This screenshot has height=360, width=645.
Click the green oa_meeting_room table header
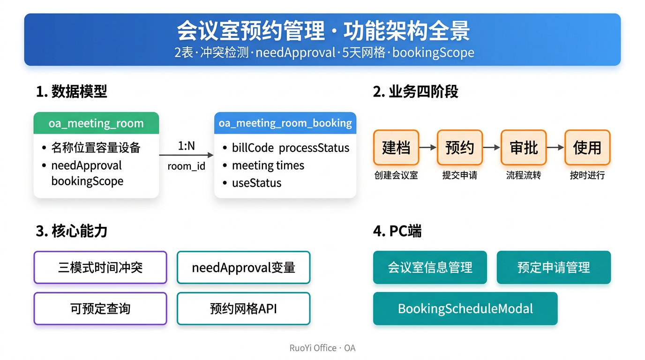tap(96, 123)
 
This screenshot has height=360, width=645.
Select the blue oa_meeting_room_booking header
tap(285, 123)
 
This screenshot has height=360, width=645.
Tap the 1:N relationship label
tap(186, 146)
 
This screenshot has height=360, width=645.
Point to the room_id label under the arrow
tap(186, 166)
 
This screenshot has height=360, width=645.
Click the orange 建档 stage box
tap(396, 148)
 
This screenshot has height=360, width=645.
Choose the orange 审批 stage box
tap(524, 148)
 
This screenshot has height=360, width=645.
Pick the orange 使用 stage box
tap(587, 148)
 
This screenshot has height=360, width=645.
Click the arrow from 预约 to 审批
tap(492, 148)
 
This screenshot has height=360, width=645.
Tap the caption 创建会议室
tap(396, 175)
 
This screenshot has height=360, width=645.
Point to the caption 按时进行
tap(587, 175)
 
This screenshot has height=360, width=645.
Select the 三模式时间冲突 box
tap(100, 268)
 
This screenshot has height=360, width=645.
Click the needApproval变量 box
tap(244, 268)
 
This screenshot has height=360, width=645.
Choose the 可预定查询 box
tap(100, 309)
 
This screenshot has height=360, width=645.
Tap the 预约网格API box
tap(244, 309)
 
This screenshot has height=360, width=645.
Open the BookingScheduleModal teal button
tap(465, 309)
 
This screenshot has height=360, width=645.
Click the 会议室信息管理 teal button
tap(430, 268)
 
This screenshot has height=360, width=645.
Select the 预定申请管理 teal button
tap(554, 268)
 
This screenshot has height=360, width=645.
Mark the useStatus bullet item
tap(252, 183)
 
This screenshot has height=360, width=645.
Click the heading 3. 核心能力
tap(71, 231)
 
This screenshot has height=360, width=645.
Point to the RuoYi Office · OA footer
tap(322, 348)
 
